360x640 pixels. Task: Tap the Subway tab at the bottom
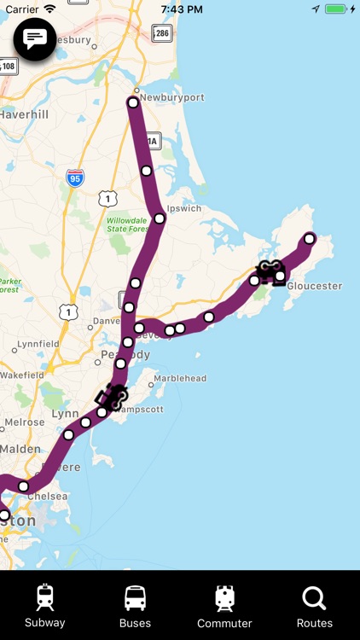coord(44,605)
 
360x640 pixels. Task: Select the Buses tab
coord(135,605)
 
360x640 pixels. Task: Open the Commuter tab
coord(224,605)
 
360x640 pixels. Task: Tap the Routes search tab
coord(314,605)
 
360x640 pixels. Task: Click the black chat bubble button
coord(35,38)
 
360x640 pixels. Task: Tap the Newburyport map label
coord(172,97)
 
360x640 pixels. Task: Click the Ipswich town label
coord(184,207)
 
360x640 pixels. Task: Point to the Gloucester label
coord(314,286)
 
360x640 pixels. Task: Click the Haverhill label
coord(25,113)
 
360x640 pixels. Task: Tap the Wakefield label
coord(22,375)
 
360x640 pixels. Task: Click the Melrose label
coord(25,422)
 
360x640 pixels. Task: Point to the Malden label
coord(20,449)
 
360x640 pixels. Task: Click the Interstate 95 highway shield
coord(75,177)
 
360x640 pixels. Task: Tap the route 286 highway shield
coord(162,33)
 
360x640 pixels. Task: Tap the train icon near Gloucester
coord(271,271)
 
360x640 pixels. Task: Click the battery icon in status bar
coord(336,9)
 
